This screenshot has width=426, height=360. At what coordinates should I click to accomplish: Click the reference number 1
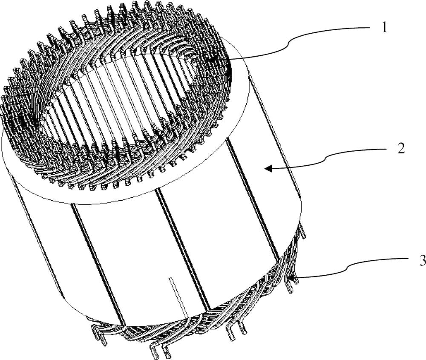coord(384,28)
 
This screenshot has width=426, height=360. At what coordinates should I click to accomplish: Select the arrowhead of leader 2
coord(268,168)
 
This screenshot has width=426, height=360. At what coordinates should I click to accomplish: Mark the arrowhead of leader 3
coord(291,278)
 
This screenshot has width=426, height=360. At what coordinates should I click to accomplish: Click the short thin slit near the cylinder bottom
coord(178,297)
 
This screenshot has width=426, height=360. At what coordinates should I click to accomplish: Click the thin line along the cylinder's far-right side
coord(275,135)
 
